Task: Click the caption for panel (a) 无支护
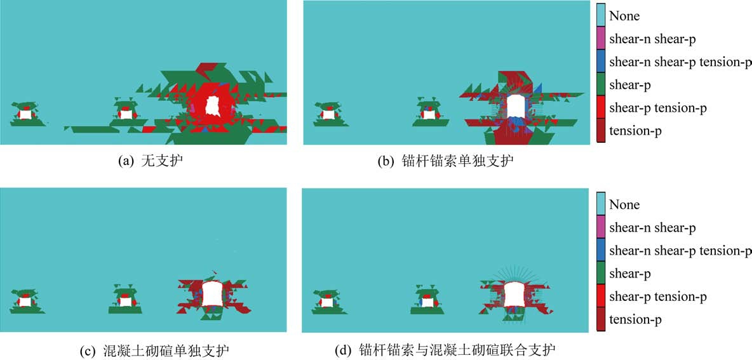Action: coord(150,161)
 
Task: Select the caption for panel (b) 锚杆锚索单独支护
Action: coord(445,161)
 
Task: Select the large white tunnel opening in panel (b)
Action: coord(516,106)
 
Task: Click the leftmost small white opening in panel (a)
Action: coord(25,114)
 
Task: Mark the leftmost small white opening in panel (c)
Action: coord(25,302)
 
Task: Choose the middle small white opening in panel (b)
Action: coord(429,115)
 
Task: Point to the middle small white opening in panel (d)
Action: coord(428,302)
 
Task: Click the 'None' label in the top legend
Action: coord(624,16)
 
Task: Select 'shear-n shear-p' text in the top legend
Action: coord(652,39)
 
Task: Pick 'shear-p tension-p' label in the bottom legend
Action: coord(657,297)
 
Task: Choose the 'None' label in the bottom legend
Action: coord(624,204)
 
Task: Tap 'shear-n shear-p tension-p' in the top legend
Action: coord(680,62)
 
